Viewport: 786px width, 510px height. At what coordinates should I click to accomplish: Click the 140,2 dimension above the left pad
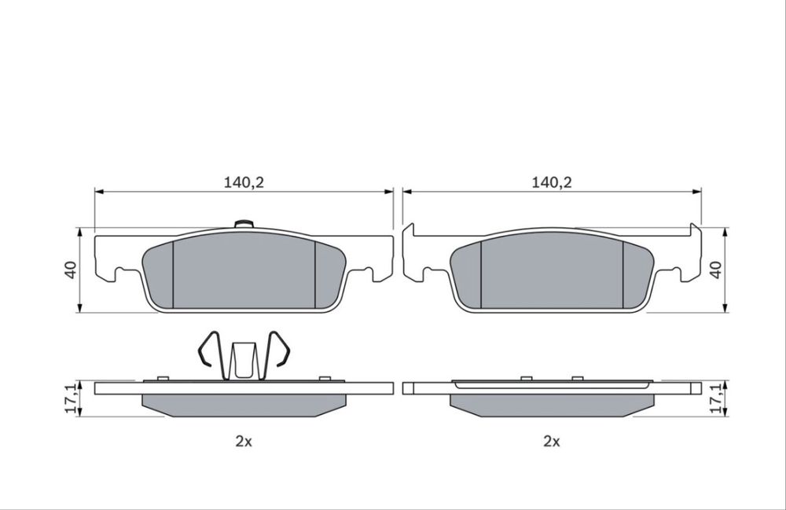[244, 182]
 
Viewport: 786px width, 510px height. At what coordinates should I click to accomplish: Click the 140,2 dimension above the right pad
[552, 182]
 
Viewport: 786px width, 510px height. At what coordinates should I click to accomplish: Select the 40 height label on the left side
[71, 270]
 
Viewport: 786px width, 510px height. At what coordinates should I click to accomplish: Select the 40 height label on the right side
[716, 270]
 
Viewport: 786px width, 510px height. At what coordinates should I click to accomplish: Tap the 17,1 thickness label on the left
[72, 398]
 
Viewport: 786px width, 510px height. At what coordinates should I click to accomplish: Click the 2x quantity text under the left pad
[244, 442]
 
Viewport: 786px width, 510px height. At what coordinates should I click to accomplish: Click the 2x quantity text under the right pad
[552, 442]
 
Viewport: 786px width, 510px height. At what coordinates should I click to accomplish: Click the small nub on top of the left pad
[244, 224]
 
